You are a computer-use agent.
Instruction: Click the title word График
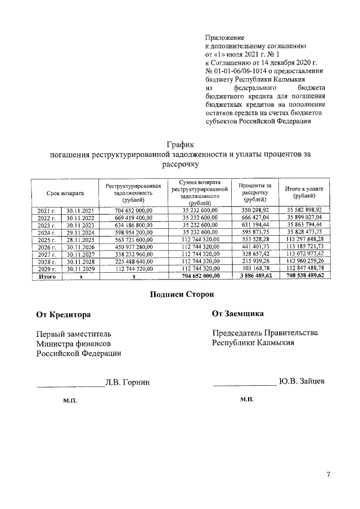coord(179,145)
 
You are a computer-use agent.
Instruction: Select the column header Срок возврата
coord(65,193)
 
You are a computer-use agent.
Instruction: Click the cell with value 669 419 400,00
coord(133,217)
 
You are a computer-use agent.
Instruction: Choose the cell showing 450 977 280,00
coord(133,246)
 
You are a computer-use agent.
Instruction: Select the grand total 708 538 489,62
coord(304,276)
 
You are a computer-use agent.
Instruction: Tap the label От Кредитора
coord(63,314)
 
